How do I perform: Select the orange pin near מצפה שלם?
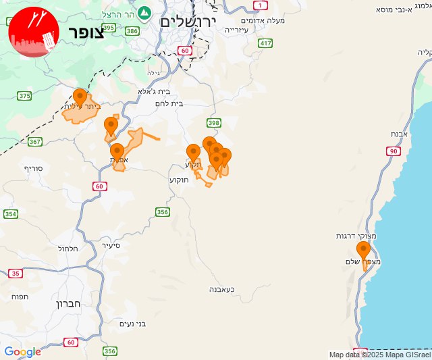tap(363, 251)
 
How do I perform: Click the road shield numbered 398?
tap(214, 122)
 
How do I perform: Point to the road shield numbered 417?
tap(265, 43)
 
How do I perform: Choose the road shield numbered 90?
tap(393, 151)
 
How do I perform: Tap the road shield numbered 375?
tap(24, 96)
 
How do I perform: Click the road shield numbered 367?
tap(35, 141)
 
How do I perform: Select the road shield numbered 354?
tap(10, 214)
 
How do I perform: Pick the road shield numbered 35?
tap(15, 274)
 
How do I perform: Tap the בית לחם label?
tap(187, 103)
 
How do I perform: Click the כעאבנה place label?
tap(221, 289)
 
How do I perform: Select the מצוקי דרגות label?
tap(351, 236)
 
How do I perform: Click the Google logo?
tap(22, 352)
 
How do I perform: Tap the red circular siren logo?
tap(31, 31)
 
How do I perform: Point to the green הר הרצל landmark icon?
tap(144, 13)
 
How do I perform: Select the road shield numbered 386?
tap(132, 31)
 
